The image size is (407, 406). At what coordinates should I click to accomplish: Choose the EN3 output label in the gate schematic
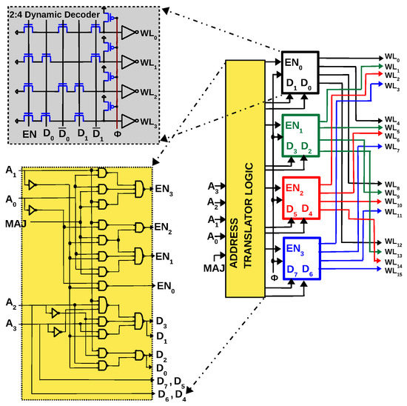pos(164,190)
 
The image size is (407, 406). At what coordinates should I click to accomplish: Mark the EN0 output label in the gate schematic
pos(164,284)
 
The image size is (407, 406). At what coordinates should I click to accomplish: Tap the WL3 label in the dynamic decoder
pos(149,120)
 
